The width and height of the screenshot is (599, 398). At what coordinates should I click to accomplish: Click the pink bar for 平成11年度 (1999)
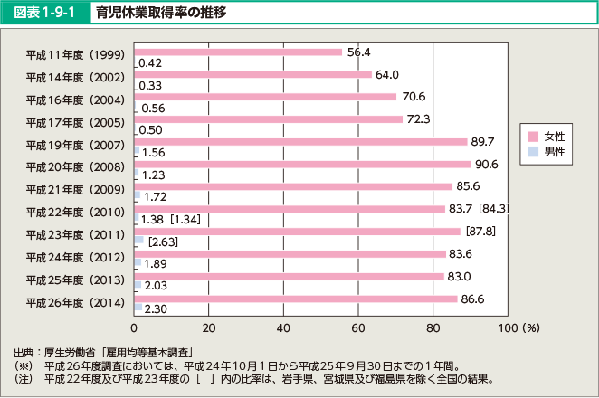238,52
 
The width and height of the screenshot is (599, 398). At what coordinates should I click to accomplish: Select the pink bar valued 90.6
302,165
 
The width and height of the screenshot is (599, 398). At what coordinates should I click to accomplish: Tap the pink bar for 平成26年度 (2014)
295,298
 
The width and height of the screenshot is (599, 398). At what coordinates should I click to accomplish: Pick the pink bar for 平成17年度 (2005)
268,119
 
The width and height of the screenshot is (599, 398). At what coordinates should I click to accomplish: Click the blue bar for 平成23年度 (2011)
139,242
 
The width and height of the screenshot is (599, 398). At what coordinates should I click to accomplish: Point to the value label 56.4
359,52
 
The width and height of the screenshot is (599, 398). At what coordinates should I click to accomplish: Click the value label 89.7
481,141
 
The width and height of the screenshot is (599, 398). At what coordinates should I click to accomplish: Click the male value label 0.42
150,62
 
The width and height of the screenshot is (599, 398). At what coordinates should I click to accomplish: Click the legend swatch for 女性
534,137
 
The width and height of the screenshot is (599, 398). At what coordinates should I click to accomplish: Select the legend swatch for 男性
534,153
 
